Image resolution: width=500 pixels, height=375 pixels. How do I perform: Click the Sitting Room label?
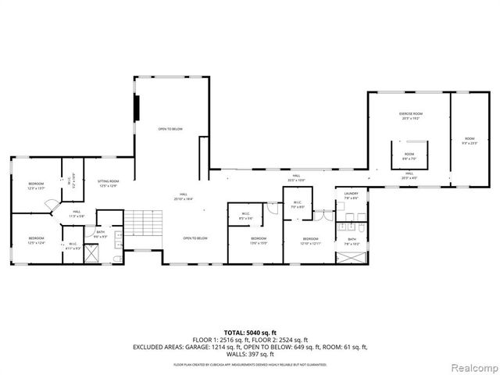pyautogui.click(x=108, y=182)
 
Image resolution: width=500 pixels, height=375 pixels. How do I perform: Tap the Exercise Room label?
pyautogui.click(x=411, y=116)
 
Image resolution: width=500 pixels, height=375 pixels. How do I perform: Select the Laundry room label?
pyautogui.click(x=350, y=195)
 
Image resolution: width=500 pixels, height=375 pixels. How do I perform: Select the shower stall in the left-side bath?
pyautogui.click(x=92, y=254)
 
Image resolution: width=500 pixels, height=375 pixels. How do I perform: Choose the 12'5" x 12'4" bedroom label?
pyautogui.click(x=37, y=240)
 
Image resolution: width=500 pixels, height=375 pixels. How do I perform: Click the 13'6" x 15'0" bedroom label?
pyautogui.click(x=259, y=240)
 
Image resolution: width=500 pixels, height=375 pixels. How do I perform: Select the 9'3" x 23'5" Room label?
pyautogui.click(x=469, y=141)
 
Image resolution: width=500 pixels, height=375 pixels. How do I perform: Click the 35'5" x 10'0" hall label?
pyautogui.click(x=296, y=178)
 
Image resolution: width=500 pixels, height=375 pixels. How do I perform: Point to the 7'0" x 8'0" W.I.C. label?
pyautogui.click(x=297, y=205)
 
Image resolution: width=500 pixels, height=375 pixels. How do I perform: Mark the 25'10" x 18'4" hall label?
pyautogui.click(x=184, y=196)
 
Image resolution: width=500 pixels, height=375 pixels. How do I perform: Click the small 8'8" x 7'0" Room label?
pyautogui.click(x=409, y=156)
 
